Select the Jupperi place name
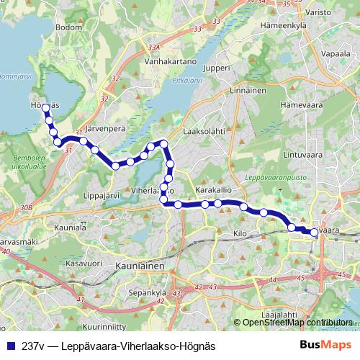pyautogui.click(x=217, y=68)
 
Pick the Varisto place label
pyautogui.click(x=317, y=12)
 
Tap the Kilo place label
pyautogui.click(x=240, y=234)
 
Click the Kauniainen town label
pyautogui.click(x=140, y=266)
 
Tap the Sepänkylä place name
pyautogui.click(x=147, y=293)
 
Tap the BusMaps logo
pyautogui.click(x=325, y=346)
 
